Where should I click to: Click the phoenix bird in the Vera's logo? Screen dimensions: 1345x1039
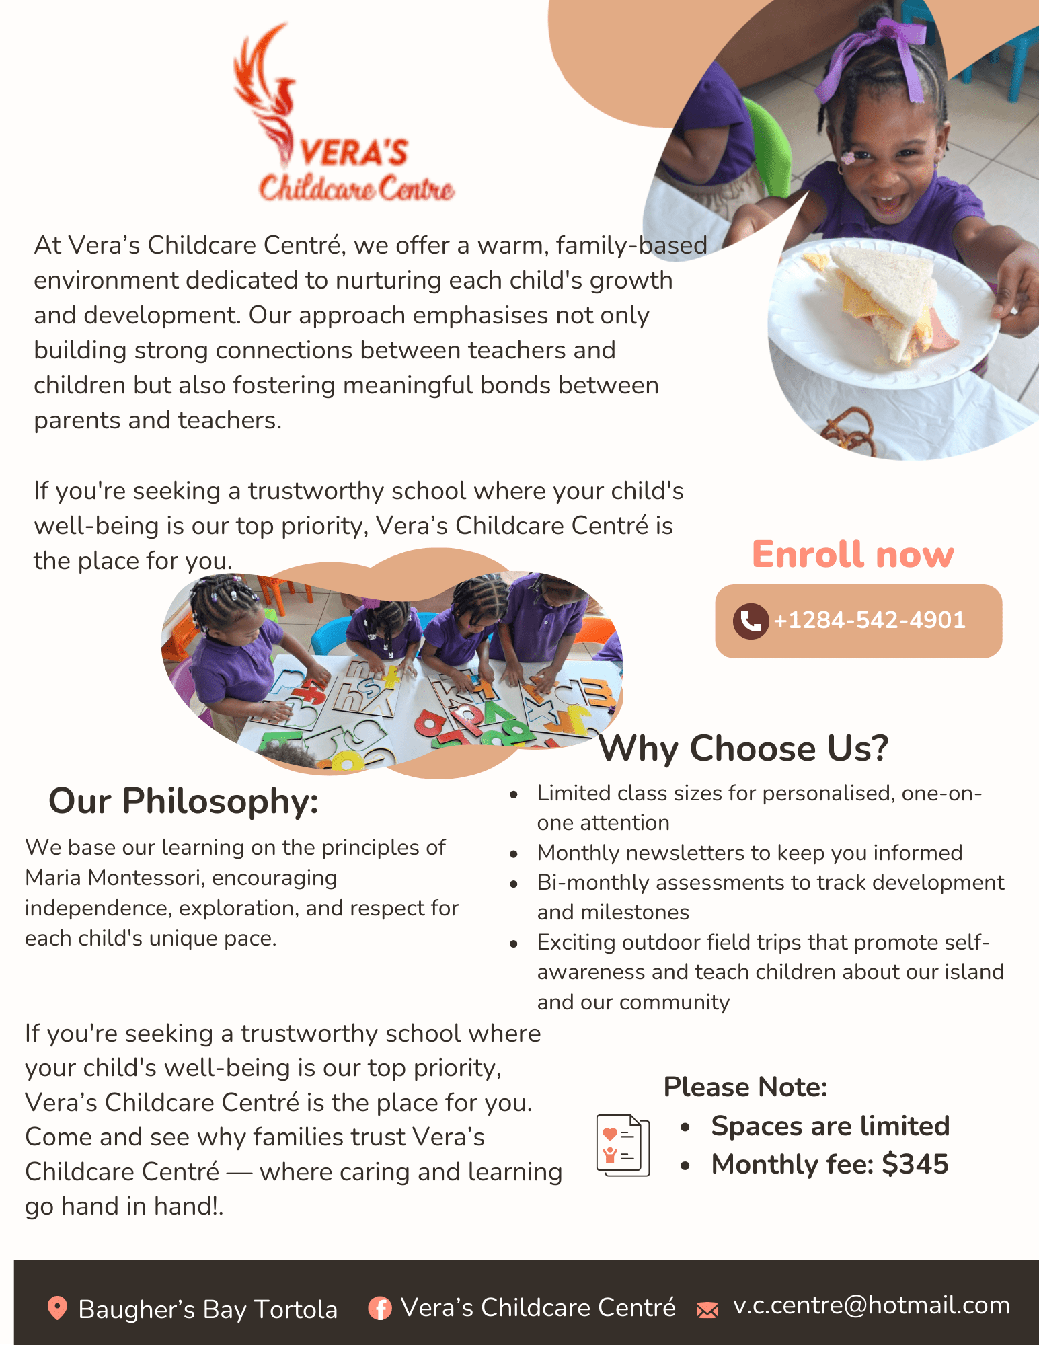tap(269, 94)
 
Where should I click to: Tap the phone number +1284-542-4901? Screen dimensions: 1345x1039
tap(870, 620)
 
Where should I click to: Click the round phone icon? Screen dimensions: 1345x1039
tap(751, 621)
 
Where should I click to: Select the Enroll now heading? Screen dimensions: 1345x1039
tap(853, 555)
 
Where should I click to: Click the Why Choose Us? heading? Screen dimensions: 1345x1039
tap(744, 748)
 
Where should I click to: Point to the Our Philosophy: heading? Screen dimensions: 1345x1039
tap(183, 801)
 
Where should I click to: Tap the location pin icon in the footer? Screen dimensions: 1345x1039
tap(57, 1308)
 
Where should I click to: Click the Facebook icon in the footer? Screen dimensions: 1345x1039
tap(380, 1308)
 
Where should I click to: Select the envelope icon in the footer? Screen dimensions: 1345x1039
tap(707, 1309)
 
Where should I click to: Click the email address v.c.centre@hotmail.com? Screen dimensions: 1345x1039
tap(872, 1305)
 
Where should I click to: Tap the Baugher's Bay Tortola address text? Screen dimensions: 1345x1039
tap(208, 1309)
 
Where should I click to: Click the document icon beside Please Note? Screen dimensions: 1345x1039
tap(623, 1145)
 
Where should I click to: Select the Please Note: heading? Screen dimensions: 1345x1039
tap(745, 1087)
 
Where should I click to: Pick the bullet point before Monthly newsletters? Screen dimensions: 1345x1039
tap(514, 854)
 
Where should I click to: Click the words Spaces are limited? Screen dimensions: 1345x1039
tap(830, 1126)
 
